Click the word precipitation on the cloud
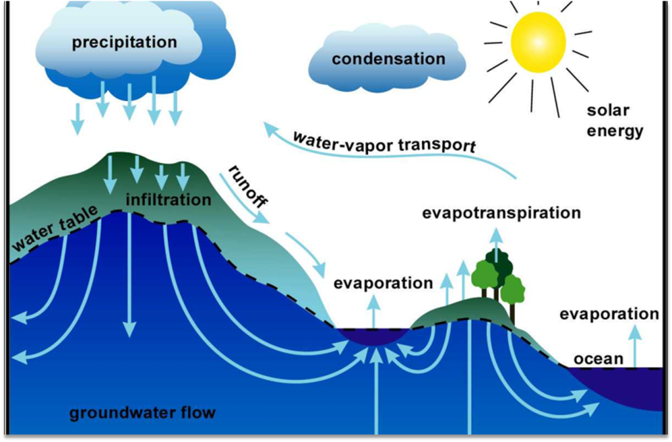125,43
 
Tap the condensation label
388,59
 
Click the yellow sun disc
537,43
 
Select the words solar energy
614,121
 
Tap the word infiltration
169,199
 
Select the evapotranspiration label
501,214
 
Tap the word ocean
598,359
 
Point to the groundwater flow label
142,414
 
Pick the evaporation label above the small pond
383,283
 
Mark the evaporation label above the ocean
609,314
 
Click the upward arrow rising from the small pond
374,311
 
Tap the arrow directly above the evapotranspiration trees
497,241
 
